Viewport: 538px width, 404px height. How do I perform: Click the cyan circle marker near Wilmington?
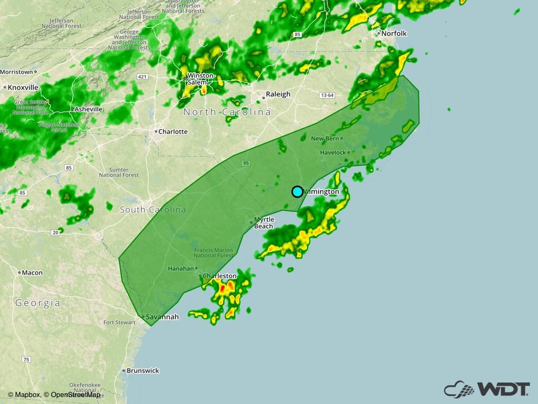[x=298, y=191]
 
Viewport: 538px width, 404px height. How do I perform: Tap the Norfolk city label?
[x=394, y=33]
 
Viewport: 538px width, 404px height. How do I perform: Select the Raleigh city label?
[x=278, y=94]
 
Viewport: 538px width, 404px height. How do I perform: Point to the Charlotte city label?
[x=172, y=131]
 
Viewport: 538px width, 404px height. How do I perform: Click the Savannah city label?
[x=163, y=317]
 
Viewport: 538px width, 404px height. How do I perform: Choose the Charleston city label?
[x=220, y=276]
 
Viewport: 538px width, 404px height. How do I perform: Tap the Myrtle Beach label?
[x=263, y=223]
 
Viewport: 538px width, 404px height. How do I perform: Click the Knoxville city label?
[x=23, y=87]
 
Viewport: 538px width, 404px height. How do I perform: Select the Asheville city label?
[x=88, y=109]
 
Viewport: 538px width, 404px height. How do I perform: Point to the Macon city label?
[x=32, y=273]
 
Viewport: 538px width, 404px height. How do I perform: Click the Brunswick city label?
[x=143, y=371]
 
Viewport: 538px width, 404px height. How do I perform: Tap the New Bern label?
[x=326, y=139]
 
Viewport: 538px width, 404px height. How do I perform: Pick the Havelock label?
[x=333, y=152]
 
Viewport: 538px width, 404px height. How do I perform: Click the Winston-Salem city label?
[x=201, y=79]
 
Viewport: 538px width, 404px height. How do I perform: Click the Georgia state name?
[x=37, y=303]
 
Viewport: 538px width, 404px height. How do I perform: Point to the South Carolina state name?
[x=153, y=210]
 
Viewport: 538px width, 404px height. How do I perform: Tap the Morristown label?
[x=17, y=72]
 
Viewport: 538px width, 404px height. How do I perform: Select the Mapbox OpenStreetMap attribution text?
[x=54, y=394]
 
